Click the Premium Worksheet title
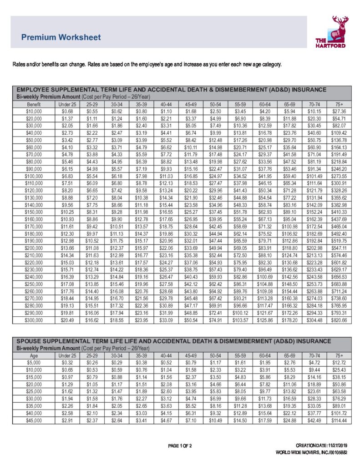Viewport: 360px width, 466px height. [x=61, y=37]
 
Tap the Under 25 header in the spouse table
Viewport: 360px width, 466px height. [x=67, y=355]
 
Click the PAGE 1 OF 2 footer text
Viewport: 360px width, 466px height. [x=180, y=445]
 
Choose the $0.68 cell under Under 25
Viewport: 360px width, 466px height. [x=67, y=111]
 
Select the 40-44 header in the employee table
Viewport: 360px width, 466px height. [x=166, y=104]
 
